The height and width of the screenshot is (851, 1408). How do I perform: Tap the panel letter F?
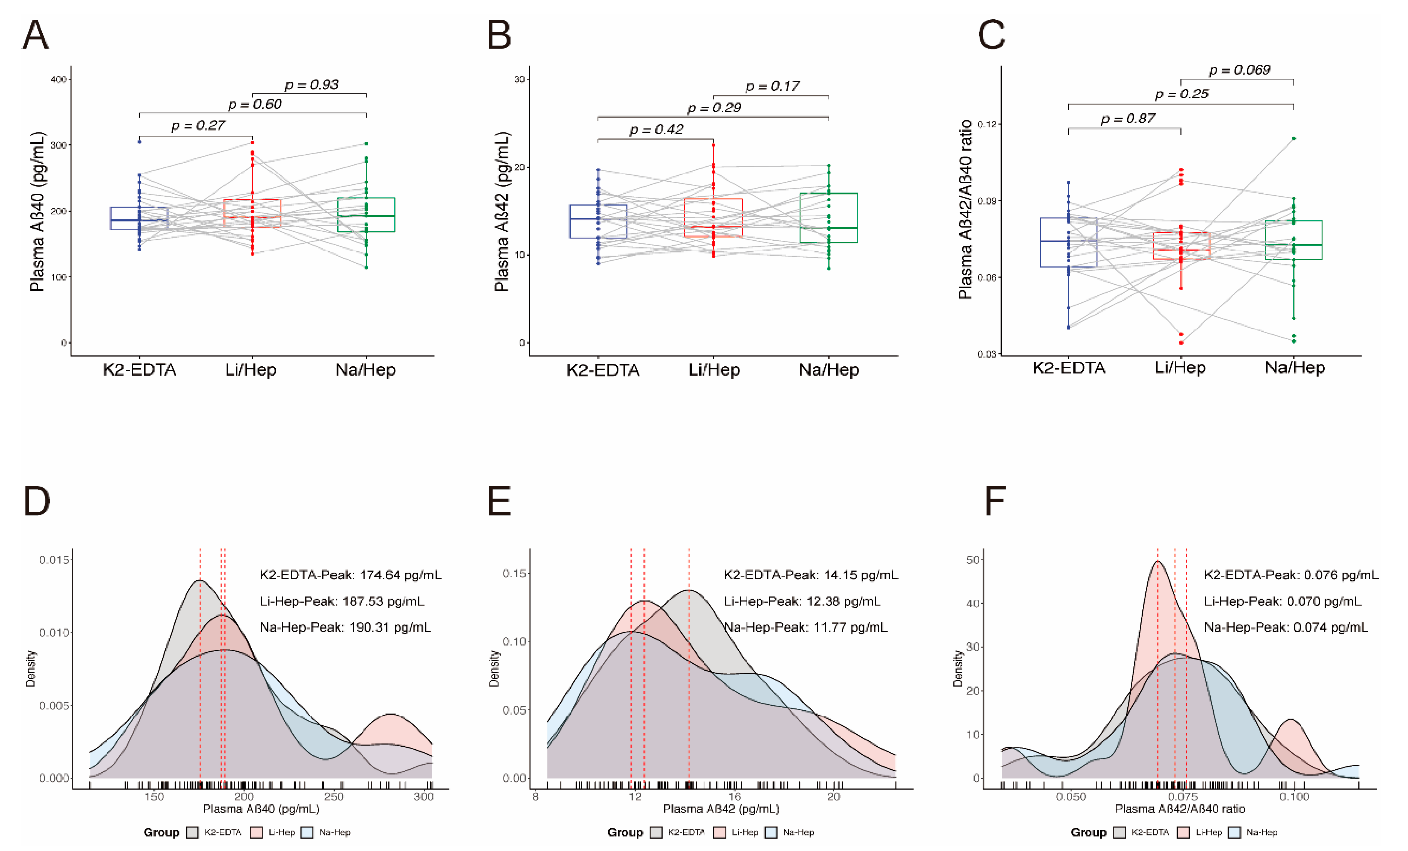tap(995, 501)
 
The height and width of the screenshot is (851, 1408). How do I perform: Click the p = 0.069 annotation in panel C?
tap(1239, 70)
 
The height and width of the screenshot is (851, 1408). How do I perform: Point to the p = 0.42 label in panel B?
tap(656, 130)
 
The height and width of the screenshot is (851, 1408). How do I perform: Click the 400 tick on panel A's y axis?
tap(59, 79)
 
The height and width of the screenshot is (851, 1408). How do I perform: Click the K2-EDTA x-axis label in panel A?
tap(140, 370)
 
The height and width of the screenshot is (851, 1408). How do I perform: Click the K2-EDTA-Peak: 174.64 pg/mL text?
tap(350, 575)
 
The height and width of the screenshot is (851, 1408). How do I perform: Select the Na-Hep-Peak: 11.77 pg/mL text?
tap(806, 627)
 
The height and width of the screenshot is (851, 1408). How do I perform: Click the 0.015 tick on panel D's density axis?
tap(54, 560)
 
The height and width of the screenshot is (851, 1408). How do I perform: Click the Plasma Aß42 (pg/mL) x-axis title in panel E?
tap(721, 809)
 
